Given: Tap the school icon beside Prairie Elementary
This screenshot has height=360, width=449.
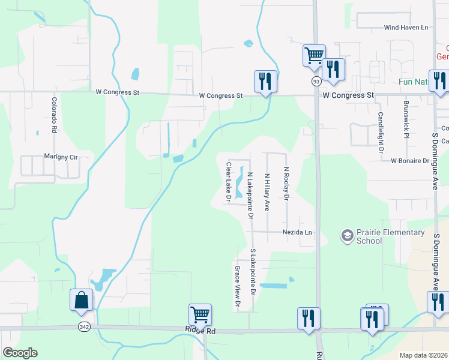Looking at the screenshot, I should [x=347, y=236].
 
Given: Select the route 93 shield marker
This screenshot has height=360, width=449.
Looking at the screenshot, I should [x=316, y=80].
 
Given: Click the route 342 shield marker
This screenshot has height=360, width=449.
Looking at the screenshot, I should [x=83, y=326].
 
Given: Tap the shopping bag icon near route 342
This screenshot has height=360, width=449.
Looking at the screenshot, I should [x=81, y=299].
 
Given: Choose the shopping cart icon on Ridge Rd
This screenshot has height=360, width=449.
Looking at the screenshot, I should [x=200, y=314].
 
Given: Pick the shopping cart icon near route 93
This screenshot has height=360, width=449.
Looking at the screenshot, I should [x=314, y=55].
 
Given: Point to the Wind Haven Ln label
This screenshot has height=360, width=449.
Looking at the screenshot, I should [x=406, y=28].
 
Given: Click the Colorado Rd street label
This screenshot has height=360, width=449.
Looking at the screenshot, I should [x=53, y=115].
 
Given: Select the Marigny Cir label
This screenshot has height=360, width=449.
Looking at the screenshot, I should [x=62, y=156].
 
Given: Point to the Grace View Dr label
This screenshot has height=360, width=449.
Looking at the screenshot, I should [x=237, y=287].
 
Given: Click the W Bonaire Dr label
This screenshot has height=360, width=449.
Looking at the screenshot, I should [x=411, y=161].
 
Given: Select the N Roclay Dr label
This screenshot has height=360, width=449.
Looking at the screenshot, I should [x=286, y=184].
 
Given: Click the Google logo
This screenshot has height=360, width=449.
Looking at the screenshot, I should [x=20, y=353].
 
